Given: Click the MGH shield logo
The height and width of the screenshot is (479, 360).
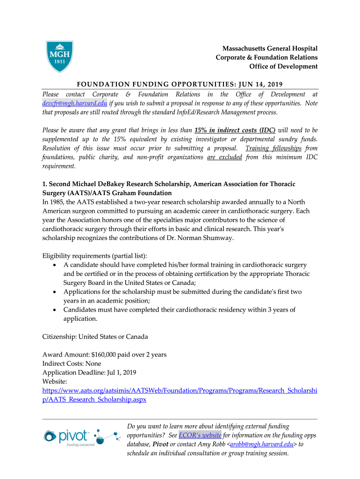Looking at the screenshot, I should point(60,57).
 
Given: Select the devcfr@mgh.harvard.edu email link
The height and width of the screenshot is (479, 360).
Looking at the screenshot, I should point(75,103).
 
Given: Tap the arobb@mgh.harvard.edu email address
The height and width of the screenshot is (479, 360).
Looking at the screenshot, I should point(262,444).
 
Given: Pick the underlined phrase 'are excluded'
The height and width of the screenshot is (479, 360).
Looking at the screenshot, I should point(224,157).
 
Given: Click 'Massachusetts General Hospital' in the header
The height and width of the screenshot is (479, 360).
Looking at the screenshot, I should point(270,49).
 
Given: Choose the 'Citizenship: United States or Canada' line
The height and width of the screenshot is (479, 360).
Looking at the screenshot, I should point(95,336).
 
